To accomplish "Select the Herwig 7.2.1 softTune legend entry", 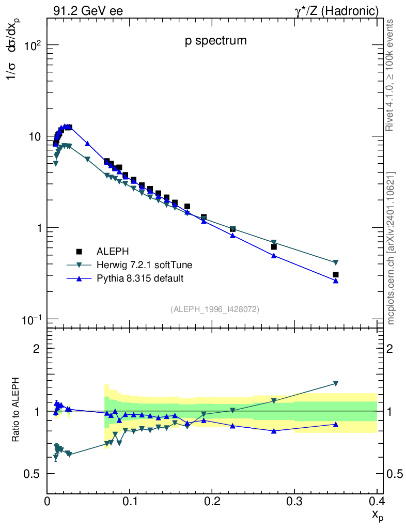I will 144,265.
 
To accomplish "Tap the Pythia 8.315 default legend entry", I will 140,278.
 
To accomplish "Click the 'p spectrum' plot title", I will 216,41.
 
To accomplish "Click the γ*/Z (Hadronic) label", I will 337,10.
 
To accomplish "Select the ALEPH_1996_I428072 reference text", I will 215,309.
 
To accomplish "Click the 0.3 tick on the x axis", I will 295,501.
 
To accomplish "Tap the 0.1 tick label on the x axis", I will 130,501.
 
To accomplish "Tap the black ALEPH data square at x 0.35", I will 336,275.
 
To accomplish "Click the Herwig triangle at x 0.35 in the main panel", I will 336,262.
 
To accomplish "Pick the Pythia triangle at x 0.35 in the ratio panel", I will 336,424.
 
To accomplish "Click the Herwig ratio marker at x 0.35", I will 336,383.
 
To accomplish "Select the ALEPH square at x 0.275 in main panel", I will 274,247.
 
